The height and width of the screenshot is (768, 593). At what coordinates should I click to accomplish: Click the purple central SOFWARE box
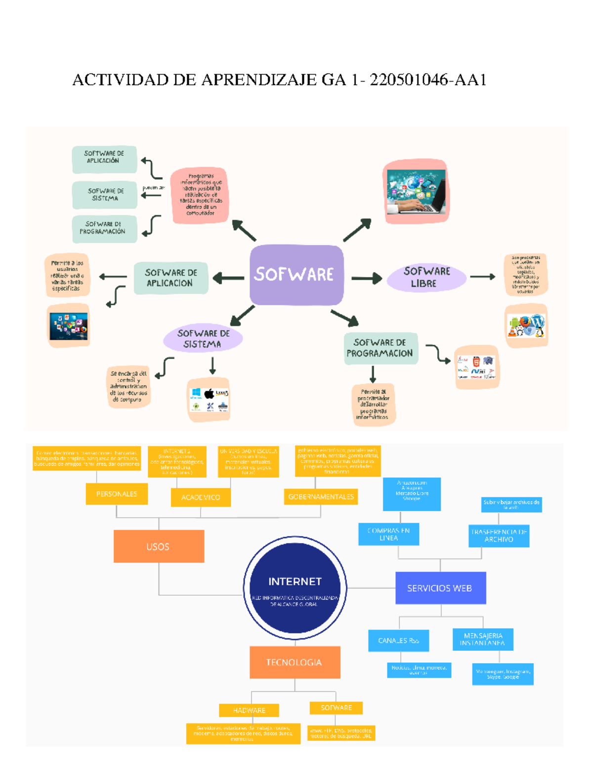click(296, 274)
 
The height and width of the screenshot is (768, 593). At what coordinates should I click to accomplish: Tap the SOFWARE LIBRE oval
click(426, 277)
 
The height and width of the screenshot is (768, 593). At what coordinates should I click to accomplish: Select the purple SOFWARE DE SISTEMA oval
click(203, 339)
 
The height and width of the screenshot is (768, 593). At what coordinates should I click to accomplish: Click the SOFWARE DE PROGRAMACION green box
click(381, 348)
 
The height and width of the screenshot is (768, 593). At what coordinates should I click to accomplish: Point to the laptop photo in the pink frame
click(416, 192)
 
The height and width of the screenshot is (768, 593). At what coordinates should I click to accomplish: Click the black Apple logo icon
click(209, 394)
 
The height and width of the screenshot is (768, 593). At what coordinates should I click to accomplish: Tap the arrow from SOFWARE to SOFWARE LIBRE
click(366, 278)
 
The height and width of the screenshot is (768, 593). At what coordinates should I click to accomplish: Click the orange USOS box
click(159, 546)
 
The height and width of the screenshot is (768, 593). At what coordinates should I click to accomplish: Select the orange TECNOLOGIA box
click(295, 662)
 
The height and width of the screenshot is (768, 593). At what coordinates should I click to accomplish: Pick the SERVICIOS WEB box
click(440, 588)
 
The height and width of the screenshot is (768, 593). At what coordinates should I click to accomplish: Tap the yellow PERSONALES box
click(117, 494)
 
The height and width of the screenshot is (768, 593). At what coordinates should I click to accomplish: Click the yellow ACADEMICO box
click(201, 497)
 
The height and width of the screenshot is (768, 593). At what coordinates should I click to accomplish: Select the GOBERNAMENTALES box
click(321, 497)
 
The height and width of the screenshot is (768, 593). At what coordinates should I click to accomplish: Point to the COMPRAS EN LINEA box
click(388, 534)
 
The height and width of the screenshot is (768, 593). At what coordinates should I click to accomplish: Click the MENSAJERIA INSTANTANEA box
click(483, 639)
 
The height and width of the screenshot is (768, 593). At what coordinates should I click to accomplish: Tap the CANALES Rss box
click(398, 640)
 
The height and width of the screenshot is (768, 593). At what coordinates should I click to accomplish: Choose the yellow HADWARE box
click(249, 710)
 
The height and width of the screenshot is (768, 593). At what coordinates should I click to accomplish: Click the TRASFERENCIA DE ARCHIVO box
click(499, 536)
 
